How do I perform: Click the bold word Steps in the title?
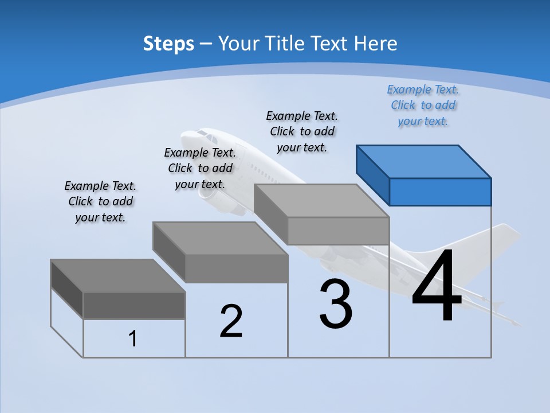[x=168, y=44]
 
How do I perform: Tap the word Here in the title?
[x=375, y=43]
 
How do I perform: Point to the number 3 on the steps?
[x=336, y=303]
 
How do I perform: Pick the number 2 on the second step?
[x=231, y=321]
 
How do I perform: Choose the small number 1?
[x=132, y=338]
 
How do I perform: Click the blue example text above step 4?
[x=423, y=106]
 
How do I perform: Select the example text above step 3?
[x=302, y=132]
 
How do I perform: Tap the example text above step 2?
[x=200, y=168]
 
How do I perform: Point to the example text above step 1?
[x=100, y=201]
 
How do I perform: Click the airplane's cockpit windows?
[x=207, y=136]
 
